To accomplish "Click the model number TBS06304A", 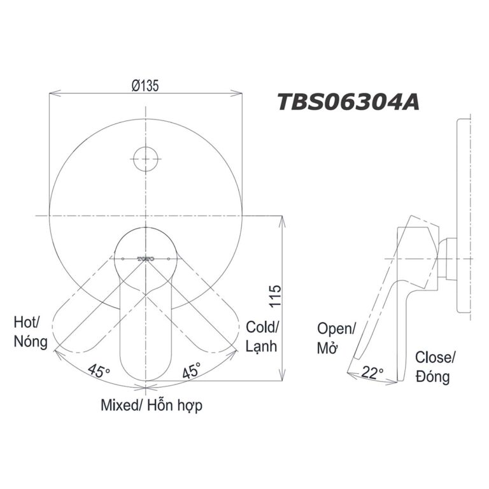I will click(x=348, y=101).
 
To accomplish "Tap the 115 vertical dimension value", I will click(x=276, y=297).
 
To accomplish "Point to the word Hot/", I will click(x=27, y=322).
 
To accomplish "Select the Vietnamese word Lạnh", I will click(x=261, y=346).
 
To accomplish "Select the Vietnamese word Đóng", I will click(x=432, y=376).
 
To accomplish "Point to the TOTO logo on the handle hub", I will click(x=146, y=259).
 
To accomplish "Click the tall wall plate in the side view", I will click(x=464, y=216).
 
